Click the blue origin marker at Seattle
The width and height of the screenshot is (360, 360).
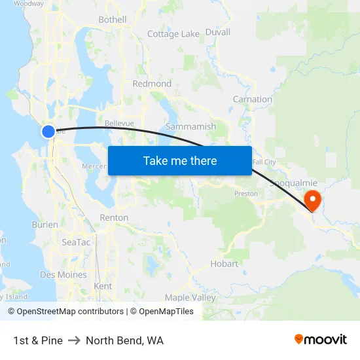click(x=48, y=132)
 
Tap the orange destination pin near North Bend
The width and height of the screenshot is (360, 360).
click(x=313, y=200)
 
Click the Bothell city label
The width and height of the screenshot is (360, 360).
click(x=112, y=20)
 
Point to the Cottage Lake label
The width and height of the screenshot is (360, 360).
click(x=173, y=34)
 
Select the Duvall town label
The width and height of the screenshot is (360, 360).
click(x=217, y=31)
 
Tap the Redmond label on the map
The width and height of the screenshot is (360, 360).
click(x=152, y=84)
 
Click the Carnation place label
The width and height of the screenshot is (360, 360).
click(x=252, y=99)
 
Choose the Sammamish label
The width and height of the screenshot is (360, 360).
click(x=190, y=126)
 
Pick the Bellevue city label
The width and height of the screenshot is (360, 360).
click(x=119, y=123)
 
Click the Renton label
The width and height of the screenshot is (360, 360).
click(x=114, y=217)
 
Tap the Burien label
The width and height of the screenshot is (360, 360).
click(x=45, y=225)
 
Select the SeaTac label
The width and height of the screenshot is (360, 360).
click(x=76, y=242)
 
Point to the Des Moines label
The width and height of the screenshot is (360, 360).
click(x=63, y=275)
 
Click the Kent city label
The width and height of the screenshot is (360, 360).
click(x=103, y=286)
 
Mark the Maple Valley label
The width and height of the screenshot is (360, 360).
click(x=190, y=298)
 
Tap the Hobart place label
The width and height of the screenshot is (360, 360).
click(x=225, y=264)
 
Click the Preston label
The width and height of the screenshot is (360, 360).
click(x=246, y=194)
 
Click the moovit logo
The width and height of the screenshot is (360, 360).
click(x=321, y=340)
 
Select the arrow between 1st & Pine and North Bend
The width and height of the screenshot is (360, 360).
click(x=74, y=340)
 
